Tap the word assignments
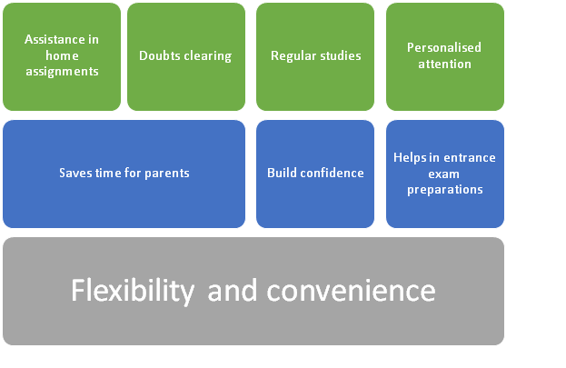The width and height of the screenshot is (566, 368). pos(62,72)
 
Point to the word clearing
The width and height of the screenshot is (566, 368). pos(207,56)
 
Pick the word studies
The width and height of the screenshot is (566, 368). pos(339,55)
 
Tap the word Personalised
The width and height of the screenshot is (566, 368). pos(444,47)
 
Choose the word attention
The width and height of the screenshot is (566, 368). pos(445,64)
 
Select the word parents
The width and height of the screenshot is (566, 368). pos(167,174)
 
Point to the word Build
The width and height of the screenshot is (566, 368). pos(282,173)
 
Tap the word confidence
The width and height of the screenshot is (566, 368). pos(332,173)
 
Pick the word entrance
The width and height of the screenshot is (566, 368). pos(470,158)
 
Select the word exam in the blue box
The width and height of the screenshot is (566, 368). pos(443,174)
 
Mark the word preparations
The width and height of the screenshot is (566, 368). pos(445,190)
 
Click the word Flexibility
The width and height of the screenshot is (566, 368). pos(133,291)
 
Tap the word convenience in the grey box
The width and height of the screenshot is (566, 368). pos(352,291)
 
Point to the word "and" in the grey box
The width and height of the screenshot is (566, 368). pos(233,291)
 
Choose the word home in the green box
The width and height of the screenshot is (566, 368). pos(62,55)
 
